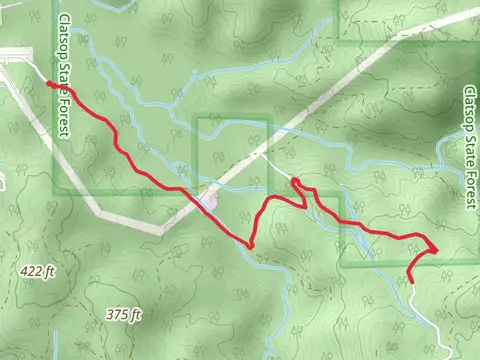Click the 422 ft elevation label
coord(35,270)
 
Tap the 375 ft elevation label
coord(124,314)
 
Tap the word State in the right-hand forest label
coord(470,149)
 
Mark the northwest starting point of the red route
coord(49,84)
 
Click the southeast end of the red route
coord(411,283)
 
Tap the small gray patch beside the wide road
coord(208,201)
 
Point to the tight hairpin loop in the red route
coord(296,182)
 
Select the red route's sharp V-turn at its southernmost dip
coord(251,244)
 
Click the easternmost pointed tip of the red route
coord(437,249)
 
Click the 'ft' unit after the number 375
coord(135,314)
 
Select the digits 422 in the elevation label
coord(29,270)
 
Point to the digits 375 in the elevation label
coord(117,314)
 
